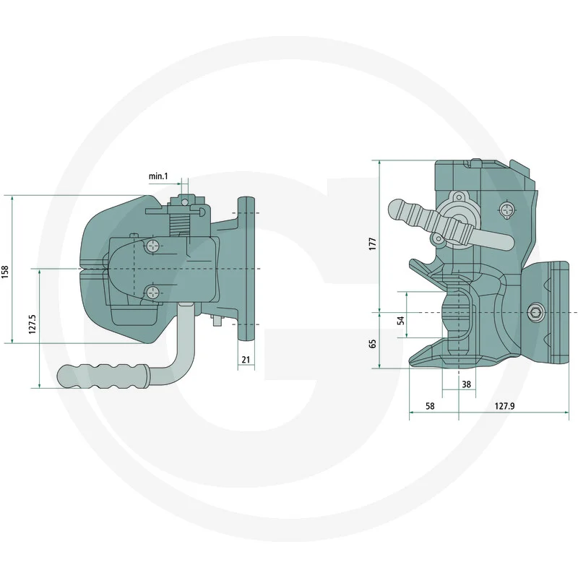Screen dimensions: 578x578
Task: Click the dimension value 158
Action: [5, 272]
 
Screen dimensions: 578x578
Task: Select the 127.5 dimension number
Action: [33, 324]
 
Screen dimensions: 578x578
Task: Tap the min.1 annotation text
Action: [158, 176]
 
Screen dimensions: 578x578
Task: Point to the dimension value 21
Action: [246, 359]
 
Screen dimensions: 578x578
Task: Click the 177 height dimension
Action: [373, 244]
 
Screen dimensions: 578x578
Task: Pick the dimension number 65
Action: [373, 344]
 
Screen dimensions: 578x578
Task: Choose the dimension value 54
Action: [401, 320]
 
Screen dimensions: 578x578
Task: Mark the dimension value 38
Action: [466, 384]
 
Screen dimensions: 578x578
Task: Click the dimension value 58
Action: [430, 406]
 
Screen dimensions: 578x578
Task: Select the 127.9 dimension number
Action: [504, 406]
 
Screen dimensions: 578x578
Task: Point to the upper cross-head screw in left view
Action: [152, 246]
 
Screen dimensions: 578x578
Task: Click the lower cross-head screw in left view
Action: [152, 293]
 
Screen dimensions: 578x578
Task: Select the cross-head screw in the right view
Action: [507, 210]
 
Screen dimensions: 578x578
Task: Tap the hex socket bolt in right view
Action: [535, 313]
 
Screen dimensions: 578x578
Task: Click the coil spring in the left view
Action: [179, 225]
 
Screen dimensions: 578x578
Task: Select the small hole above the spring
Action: [184, 202]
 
